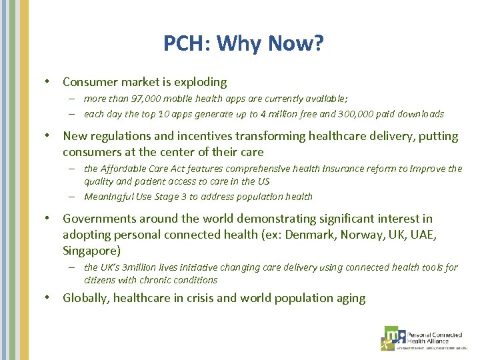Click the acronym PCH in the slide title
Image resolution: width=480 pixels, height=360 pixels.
click(x=184, y=44)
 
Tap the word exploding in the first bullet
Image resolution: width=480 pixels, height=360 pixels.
click(x=200, y=83)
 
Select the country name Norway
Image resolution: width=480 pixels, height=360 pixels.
click(x=362, y=235)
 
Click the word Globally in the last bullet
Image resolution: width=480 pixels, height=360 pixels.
click(x=85, y=298)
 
